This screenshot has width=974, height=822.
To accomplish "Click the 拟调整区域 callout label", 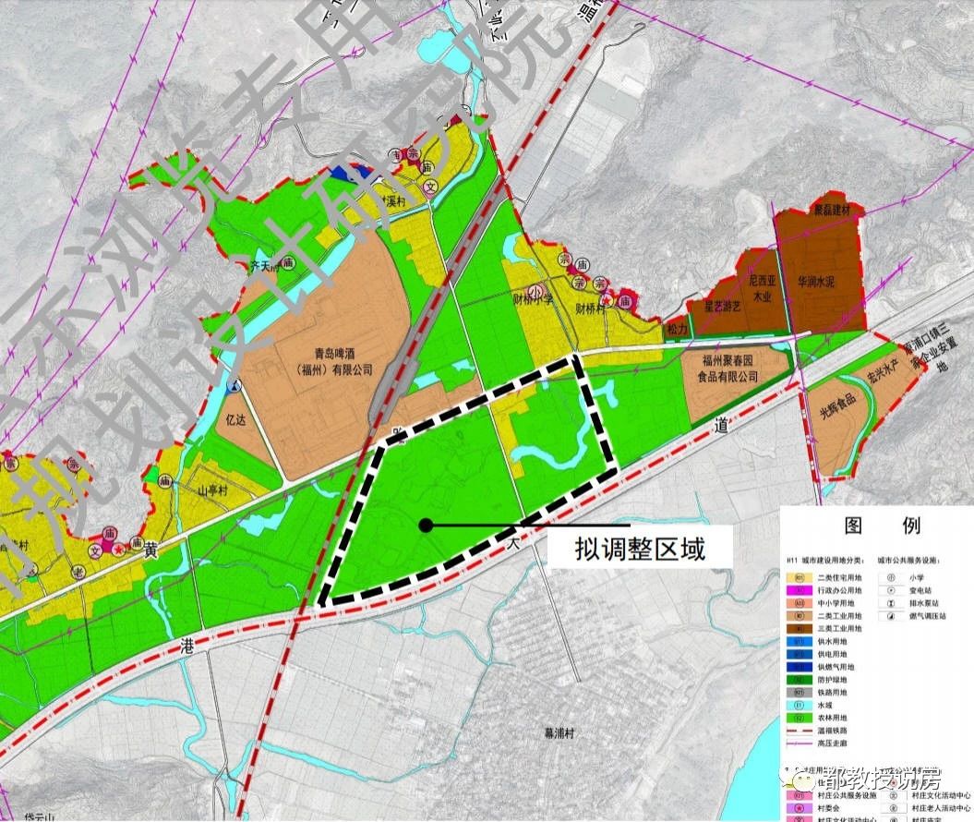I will [x=640, y=550].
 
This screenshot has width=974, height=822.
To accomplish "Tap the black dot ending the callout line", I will [x=425, y=526].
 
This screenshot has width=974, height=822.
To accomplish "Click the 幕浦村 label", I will [x=559, y=732].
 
